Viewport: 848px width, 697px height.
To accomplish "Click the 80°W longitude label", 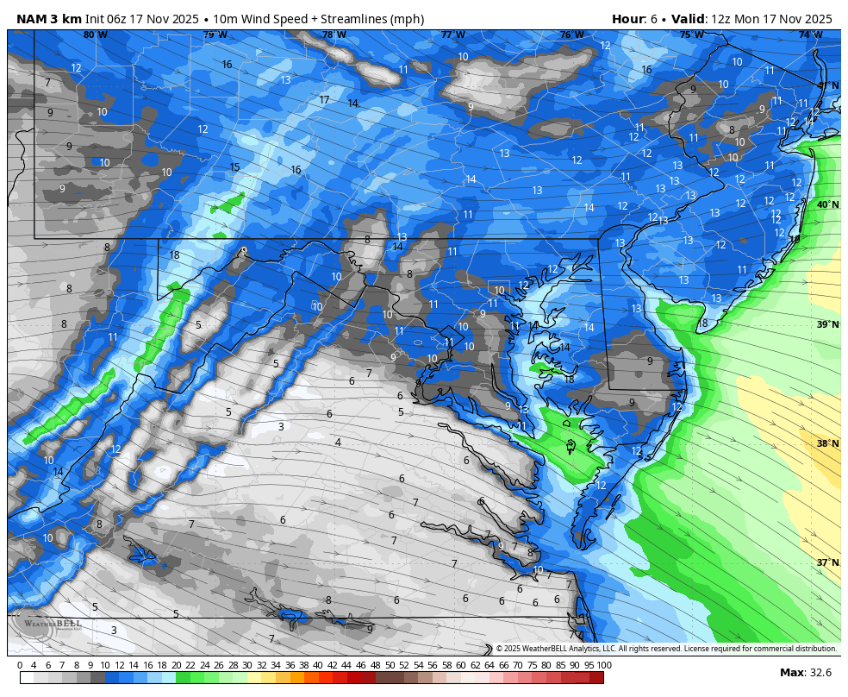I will pyautogui.click(x=95, y=35).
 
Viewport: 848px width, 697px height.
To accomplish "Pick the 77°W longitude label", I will pyautogui.click(x=452, y=35).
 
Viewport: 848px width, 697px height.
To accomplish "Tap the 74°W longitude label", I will pyautogui.click(x=810, y=35).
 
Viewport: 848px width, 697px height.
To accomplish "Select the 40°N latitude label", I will pyautogui.click(x=827, y=204).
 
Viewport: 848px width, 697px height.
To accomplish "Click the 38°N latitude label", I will pyautogui.click(x=827, y=443).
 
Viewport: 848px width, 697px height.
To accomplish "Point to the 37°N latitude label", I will pyautogui.click(x=827, y=562).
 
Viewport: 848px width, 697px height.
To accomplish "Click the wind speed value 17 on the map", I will pyautogui.click(x=324, y=100).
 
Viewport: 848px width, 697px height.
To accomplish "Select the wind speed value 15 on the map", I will pyautogui.click(x=234, y=167).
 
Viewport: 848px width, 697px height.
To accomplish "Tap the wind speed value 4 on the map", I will pyautogui.click(x=338, y=443).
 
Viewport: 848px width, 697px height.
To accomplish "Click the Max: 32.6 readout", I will pyautogui.click(x=807, y=673).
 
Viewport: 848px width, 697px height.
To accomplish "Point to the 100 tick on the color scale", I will pyautogui.click(x=603, y=665).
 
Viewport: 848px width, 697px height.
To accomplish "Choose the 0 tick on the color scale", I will pyautogui.click(x=20, y=665).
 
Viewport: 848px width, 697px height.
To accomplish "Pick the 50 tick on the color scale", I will pyautogui.click(x=390, y=665).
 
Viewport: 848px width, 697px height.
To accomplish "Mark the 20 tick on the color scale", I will pyautogui.click(x=177, y=665).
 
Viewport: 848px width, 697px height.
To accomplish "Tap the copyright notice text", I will pyautogui.click(x=665, y=649).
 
